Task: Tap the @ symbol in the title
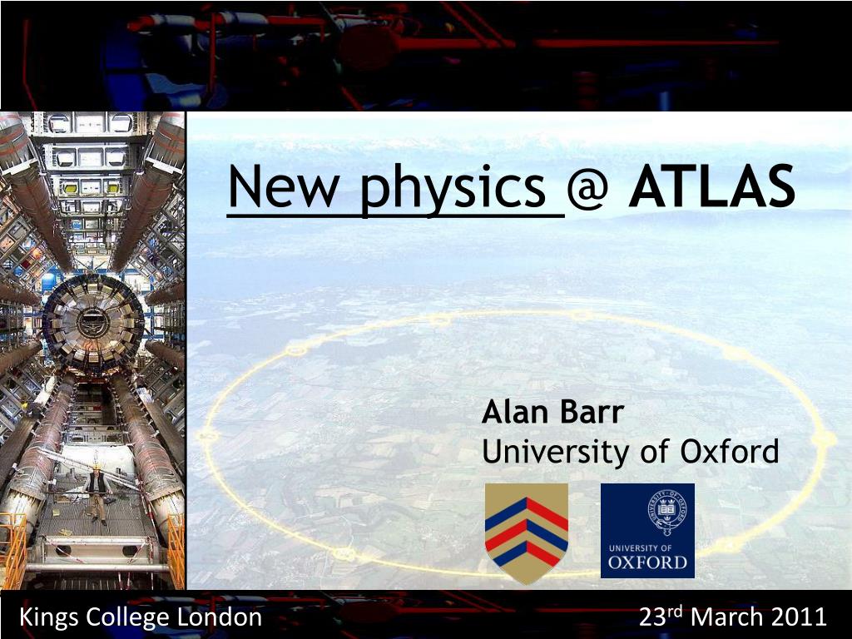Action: [x=592, y=191]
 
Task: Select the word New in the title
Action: [x=279, y=190]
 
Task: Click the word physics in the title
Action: [x=457, y=191]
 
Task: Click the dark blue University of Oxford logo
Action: [x=647, y=531]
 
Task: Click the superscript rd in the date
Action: [x=676, y=612]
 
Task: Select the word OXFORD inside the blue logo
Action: [x=647, y=563]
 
